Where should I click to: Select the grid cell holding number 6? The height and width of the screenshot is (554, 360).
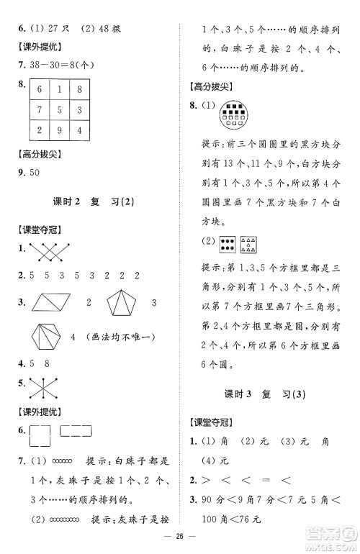(40, 89)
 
